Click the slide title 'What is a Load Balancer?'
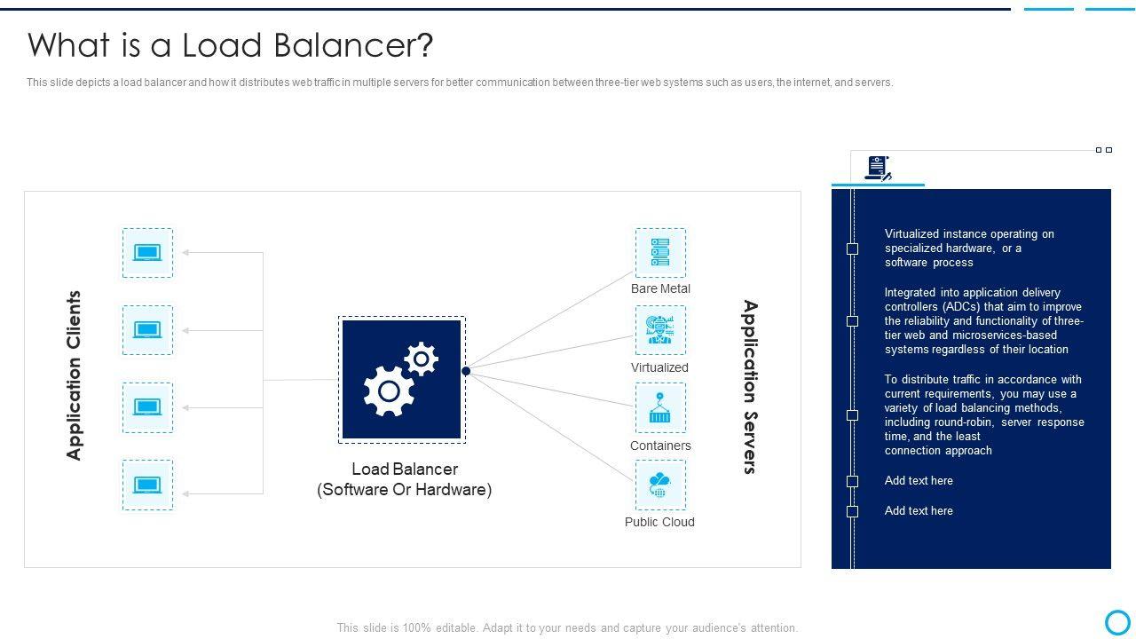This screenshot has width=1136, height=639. click(231, 45)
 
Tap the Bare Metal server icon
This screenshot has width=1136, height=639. click(660, 252)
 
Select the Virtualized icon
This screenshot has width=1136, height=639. click(660, 330)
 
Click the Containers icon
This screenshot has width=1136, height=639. click(660, 408)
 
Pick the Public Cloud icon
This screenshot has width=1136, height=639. click(660, 485)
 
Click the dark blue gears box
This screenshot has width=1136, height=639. click(402, 380)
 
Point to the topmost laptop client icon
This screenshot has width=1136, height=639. click(147, 253)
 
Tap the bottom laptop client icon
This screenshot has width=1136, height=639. click(147, 485)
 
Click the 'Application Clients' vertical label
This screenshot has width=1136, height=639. click(74, 375)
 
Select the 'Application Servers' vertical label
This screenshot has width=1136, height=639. click(750, 387)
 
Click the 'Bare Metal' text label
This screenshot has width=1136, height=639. click(660, 288)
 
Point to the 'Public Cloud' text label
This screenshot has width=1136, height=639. click(659, 522)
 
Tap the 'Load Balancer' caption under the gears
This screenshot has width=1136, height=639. click(405, 469)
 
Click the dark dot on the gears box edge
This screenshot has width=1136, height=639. click(466, 371)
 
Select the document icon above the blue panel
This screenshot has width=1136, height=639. click(878, 168)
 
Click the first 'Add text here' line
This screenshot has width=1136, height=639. click(919, 481)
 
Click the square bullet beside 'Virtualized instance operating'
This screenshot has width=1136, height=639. click(852, 248)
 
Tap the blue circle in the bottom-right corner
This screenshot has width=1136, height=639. click(1117, 621)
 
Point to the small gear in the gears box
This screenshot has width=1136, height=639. click(421, 359)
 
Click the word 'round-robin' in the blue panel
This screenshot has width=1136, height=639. click(964, 422)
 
